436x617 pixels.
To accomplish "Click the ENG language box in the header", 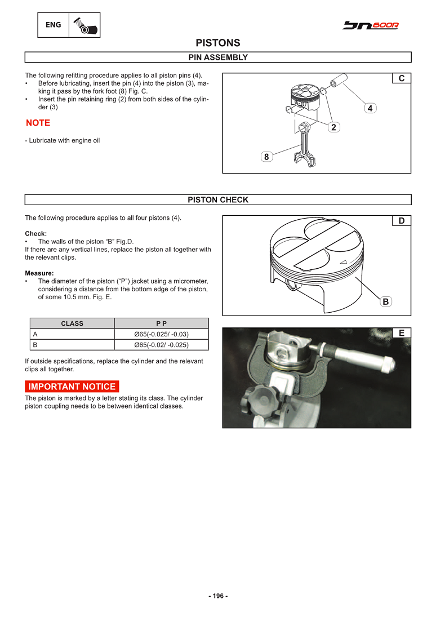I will (54, 25).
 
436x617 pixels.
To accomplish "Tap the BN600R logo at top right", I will (371, 25).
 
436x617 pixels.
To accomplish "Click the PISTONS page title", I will (217, 43).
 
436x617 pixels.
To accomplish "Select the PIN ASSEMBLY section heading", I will (217, 57).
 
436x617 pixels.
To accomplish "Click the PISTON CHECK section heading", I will (217, 200).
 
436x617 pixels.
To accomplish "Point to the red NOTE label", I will (38, 123).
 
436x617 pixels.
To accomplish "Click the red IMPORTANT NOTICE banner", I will (72, 387).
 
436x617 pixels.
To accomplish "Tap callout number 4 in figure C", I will (370, 108).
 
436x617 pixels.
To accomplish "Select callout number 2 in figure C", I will (333, 127).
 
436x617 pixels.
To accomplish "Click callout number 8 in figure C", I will (266, 157).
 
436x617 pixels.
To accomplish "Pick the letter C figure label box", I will (401, 78).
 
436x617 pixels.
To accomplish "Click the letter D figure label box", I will (401, 221).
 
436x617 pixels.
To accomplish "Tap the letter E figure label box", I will (401, 333).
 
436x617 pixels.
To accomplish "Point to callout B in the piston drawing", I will (385, 301).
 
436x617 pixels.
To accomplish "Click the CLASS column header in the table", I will (72, 323).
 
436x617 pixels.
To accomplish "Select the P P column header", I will (161, 323).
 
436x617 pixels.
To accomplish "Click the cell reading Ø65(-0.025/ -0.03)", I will (161, 334).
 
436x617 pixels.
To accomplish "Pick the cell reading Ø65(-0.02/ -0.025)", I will (161, 345).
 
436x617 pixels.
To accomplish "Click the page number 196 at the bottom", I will (217, 596).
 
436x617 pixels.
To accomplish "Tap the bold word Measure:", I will (39, 273).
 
